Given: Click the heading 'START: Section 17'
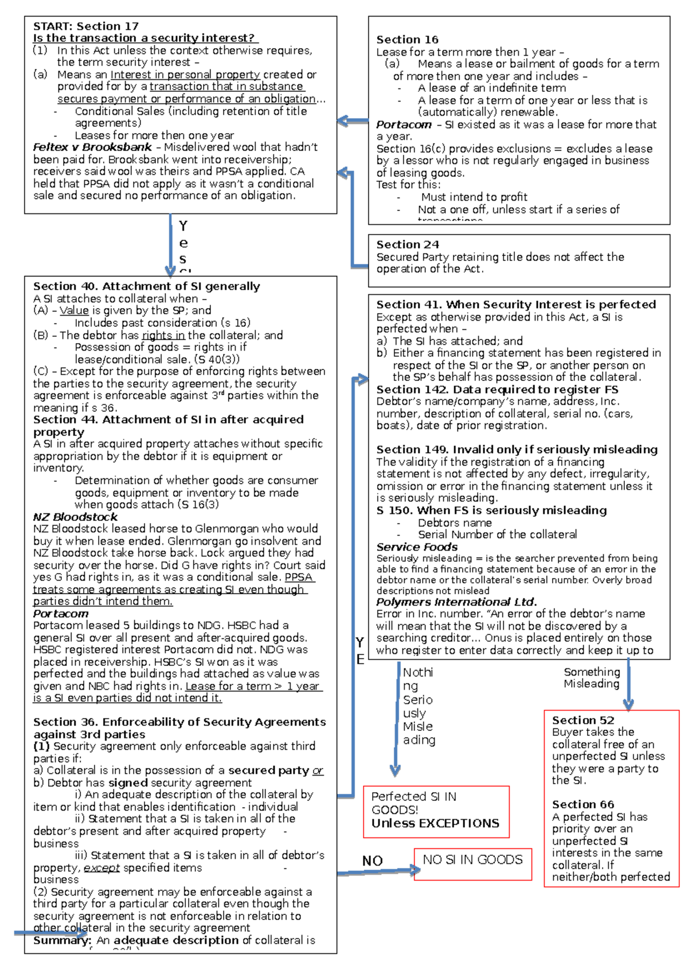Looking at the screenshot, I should click(x=86, y=26).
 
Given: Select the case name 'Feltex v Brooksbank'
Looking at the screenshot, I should click(x=92, y=147).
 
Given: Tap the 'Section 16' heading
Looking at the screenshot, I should click(x=407, y=40).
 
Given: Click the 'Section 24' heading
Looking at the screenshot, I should click(x=408, y=244).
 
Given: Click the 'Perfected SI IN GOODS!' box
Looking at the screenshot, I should click(x=436, y=810).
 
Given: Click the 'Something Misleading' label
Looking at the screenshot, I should click(x=592, y=677).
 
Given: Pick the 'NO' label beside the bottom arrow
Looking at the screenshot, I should click(x=372, y=861).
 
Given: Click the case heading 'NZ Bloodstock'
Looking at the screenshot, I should click(x=75, y=517).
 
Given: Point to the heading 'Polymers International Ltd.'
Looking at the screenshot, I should click(x=456, y=602).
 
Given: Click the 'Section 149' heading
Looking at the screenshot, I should click(x=516, y=450).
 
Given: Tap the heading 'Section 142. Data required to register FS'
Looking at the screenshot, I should click(x=497, y=389).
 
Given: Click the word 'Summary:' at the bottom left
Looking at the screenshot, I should click(x=62, y=940).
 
